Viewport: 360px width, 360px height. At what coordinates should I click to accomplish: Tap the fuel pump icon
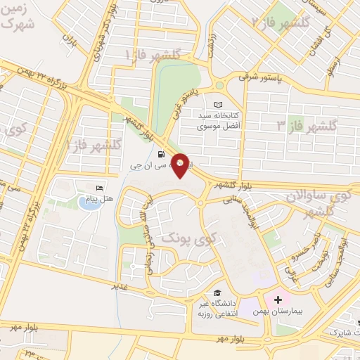162,154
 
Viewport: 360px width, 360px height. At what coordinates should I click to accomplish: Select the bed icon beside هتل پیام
99,189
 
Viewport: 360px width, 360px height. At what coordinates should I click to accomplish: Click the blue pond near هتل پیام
87,205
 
